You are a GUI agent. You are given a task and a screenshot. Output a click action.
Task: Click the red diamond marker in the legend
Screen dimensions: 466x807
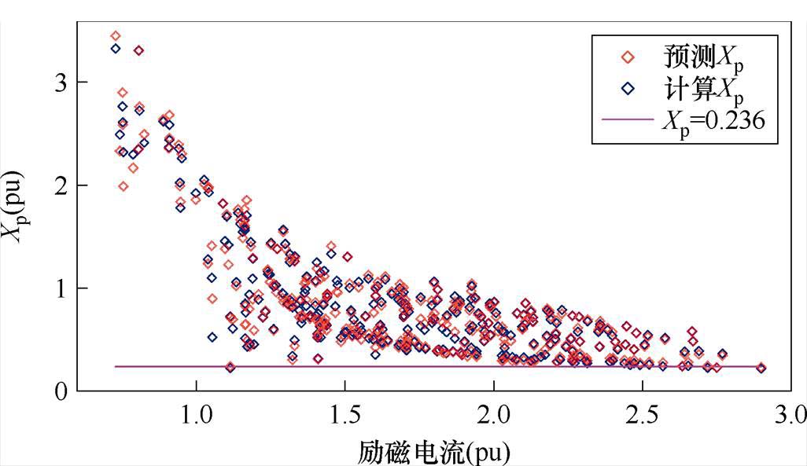[x=628, y=57]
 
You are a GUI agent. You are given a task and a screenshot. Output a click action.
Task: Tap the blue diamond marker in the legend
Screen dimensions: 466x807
[x=628, y=89]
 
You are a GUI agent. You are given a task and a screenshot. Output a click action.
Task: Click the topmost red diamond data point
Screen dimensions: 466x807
[x=116, y=35]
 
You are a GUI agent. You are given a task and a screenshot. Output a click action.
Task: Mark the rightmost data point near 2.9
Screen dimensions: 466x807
[x=761, y=368]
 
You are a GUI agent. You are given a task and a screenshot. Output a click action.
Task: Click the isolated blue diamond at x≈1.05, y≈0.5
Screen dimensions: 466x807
[x=212, y=337]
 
